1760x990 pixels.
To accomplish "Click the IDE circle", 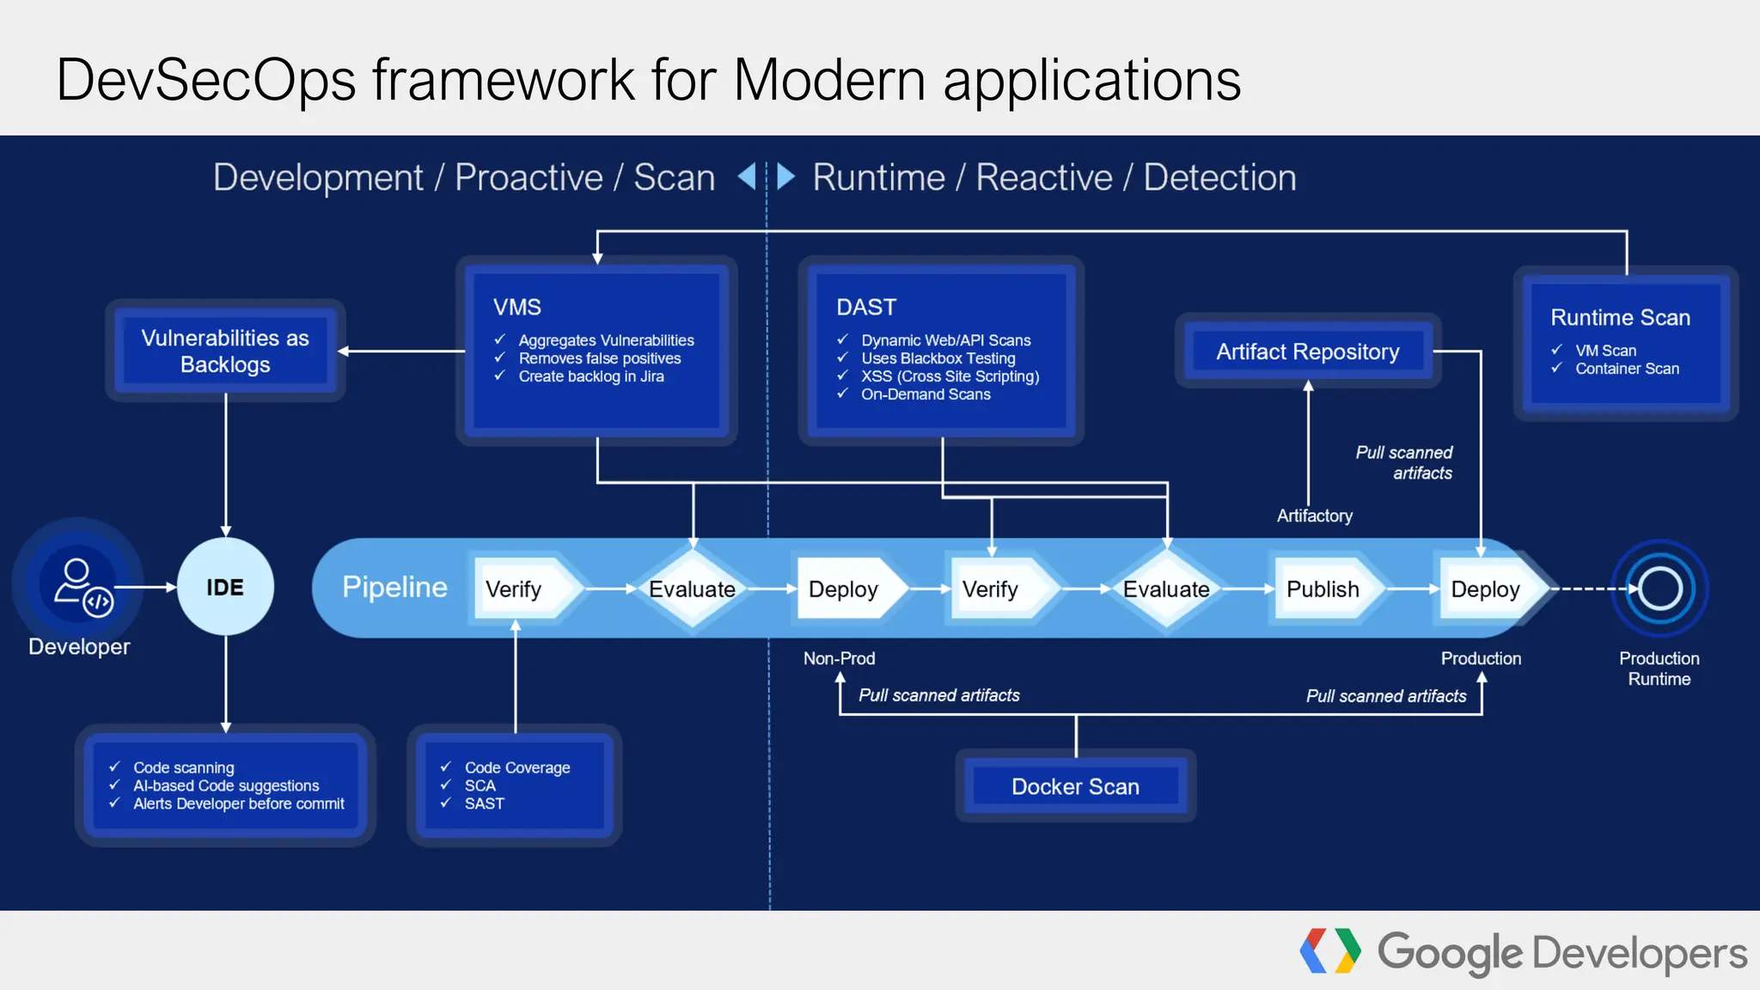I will click(x=225, y=587).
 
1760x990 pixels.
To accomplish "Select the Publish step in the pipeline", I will click(x=1323, y=589).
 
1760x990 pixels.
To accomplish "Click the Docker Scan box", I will click(x=1075, y=786).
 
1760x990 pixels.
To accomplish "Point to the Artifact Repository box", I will click(x=1307, y=351).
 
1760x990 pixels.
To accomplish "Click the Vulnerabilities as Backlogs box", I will click(x=225, y=351).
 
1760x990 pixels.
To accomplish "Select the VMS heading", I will click(x=516, y=307).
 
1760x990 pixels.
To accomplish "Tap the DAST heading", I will click(x=866, y=307).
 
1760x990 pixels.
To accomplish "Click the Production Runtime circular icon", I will click(x=1659, y=589).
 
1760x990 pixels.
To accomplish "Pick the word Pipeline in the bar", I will click(x=394, y=587).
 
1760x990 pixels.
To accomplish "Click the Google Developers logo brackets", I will click(x=1329, y=950).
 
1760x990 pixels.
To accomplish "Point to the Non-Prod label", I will click(x=839, y=658).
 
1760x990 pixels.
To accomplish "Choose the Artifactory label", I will click(x=1314, y=516).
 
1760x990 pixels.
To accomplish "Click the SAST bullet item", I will click(x=484, y=804).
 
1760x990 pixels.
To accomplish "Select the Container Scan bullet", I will click(x=1626, y=369).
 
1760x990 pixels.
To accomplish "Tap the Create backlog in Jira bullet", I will click(x=590, y=376).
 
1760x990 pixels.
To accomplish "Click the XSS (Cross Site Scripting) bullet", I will click(x=950, y=376).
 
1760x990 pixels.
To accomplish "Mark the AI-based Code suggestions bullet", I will click(x=225, y=785).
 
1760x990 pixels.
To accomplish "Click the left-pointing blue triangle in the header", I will click(x=747, y=176).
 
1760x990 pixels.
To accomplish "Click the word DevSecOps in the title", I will click(x=205, y=80).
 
